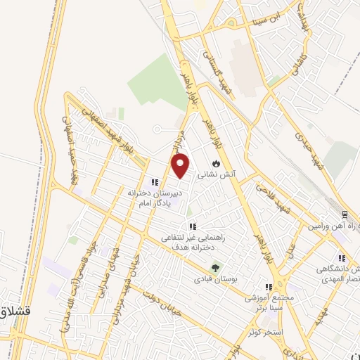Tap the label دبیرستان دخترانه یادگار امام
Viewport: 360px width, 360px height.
155,195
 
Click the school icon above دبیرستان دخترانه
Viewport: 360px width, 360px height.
155,182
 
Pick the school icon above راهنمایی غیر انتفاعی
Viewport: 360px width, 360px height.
192,226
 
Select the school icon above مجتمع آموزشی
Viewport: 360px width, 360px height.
268,287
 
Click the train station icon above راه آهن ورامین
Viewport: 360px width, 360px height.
344,214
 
